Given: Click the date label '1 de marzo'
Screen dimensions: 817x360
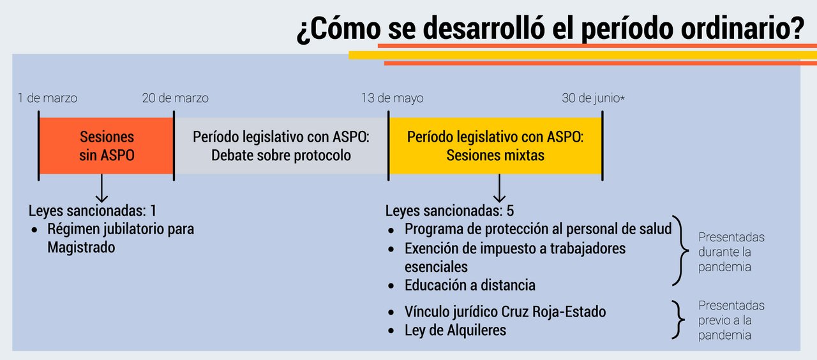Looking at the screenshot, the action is [x=47, y=98].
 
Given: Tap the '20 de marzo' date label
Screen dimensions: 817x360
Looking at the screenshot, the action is [x=176, y=98].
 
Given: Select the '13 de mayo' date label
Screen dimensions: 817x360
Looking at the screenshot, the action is [x=393, y=98].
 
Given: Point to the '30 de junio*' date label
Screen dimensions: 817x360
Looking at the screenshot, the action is [x=593, y=98].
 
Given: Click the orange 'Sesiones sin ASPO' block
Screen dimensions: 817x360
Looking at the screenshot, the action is [x=106, y=146].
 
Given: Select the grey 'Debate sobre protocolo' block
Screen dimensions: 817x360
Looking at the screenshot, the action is [x=281, y=146].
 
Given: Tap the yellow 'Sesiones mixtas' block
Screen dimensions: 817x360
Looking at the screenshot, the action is [x=495, y=146].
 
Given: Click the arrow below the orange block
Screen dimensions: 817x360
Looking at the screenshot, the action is [x=101, y=188].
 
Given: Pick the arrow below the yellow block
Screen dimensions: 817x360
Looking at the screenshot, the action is [x=499, y=188].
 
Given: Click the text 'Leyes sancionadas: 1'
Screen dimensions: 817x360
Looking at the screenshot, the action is [x=93, y=211].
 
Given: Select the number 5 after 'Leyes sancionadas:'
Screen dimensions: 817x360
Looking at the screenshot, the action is [x=510, y=211].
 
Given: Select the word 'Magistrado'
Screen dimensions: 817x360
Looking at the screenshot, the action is [x=81, y=248].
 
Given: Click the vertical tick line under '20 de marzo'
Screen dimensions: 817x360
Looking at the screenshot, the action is [x=174, y=146].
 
